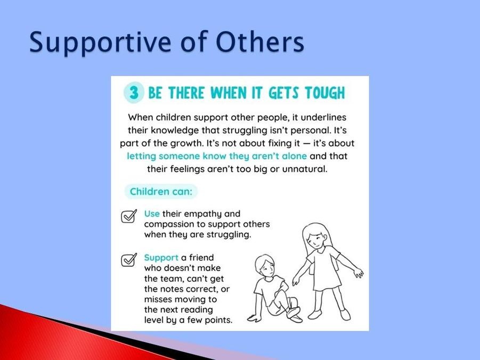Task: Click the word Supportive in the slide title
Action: [x=100, y=43]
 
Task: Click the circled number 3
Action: [x=134, y=93]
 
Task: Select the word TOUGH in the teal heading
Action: [x=325, y=93]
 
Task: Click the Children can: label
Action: [x=161, y=192]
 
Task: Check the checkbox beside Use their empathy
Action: [x=129, y=216]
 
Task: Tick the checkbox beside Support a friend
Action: [x=129, y=260]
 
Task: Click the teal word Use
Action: [x=152, y=214]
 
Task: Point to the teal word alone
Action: [x=294, y=156]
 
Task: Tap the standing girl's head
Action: [x=316, y=235]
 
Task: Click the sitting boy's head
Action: [x=265, y=266]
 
